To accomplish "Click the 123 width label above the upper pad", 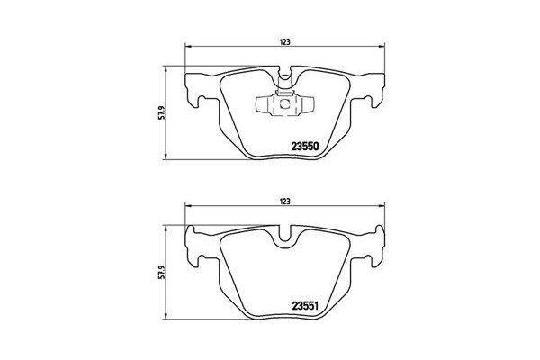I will point(283,40).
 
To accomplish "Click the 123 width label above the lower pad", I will point(283,202).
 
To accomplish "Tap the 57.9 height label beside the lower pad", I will point(161,271).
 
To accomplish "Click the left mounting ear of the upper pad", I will point(196,90).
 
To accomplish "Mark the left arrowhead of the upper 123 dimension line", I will point(186,49).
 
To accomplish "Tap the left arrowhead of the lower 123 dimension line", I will point(186,210).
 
